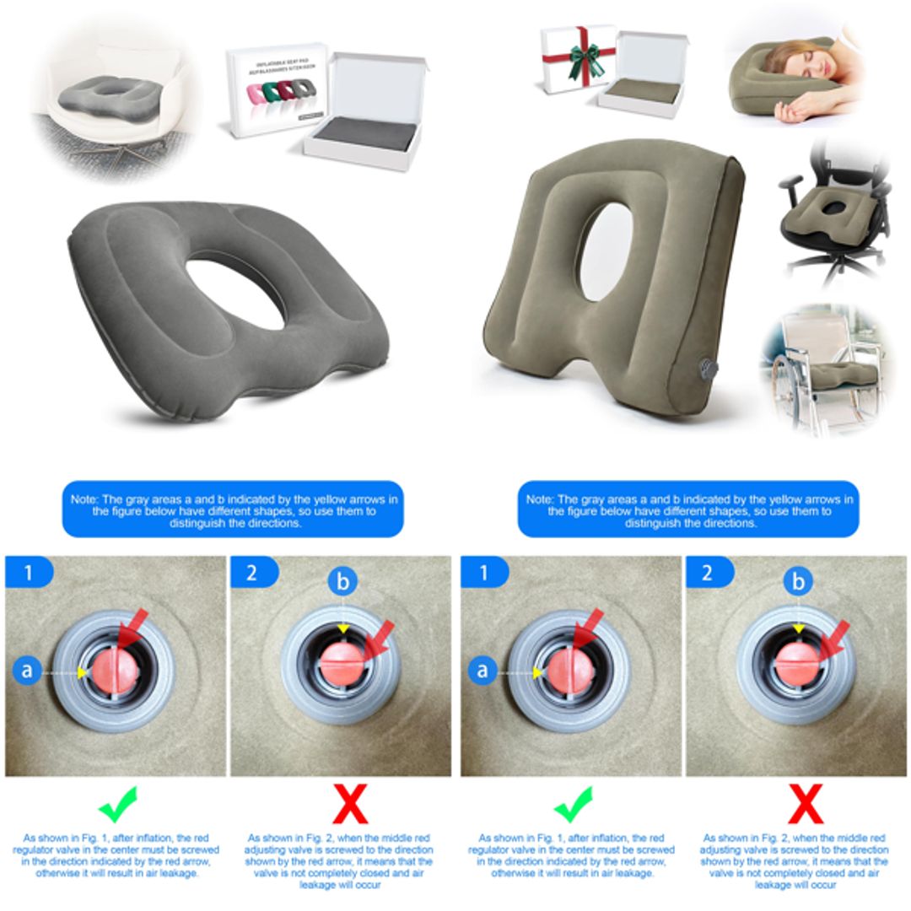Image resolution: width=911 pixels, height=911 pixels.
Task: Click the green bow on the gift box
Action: [x=585, y=59]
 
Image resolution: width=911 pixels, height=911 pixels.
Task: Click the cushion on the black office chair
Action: [x=823, y=219]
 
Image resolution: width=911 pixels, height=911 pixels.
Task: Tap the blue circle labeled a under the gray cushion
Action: [x=28, y=671]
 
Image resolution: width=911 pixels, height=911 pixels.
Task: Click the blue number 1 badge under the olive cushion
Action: [x=484, y=574]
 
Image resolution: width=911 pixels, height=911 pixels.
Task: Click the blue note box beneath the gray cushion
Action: [x=233, y=511]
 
